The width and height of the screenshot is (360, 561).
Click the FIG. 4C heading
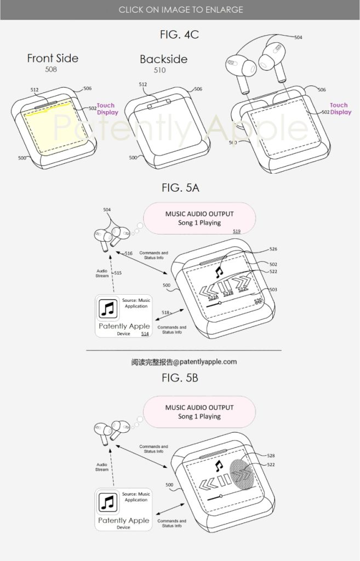click(180, 35)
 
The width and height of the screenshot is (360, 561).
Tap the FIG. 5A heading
click(180, 188)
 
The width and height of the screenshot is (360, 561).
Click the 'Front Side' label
click(53, 58)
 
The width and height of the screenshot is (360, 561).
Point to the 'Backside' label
click(163, 59)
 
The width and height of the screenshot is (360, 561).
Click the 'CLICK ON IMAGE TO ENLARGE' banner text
click(180, 9)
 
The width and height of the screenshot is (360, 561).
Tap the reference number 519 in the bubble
click(236, 232)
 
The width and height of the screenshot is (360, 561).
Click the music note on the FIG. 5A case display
click(219, 271)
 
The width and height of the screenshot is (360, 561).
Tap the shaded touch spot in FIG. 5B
click(244, 476)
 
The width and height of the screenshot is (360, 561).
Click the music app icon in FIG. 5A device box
click(108, 310)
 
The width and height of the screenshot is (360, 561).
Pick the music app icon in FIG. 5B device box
click(108, 502)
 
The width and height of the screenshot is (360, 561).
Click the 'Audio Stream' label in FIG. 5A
click(102, 273)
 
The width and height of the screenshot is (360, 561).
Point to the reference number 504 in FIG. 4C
click(298, 37)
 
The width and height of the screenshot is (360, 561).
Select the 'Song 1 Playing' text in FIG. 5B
click(199, 416)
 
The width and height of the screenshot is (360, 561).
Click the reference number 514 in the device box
click(145, 334)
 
